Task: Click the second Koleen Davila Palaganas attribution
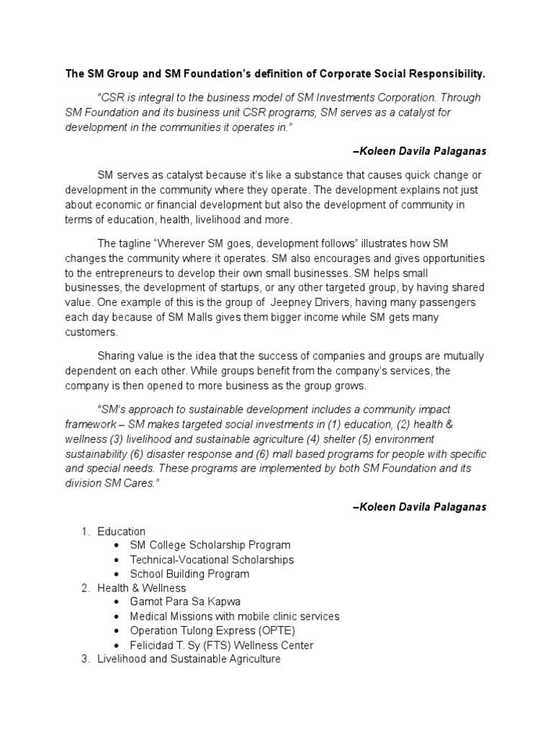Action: (420, 507)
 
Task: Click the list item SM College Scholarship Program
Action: (210, 545)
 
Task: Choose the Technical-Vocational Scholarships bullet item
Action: (212, 559)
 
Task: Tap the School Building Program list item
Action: (189, 574)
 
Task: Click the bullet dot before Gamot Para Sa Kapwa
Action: (117, 602)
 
